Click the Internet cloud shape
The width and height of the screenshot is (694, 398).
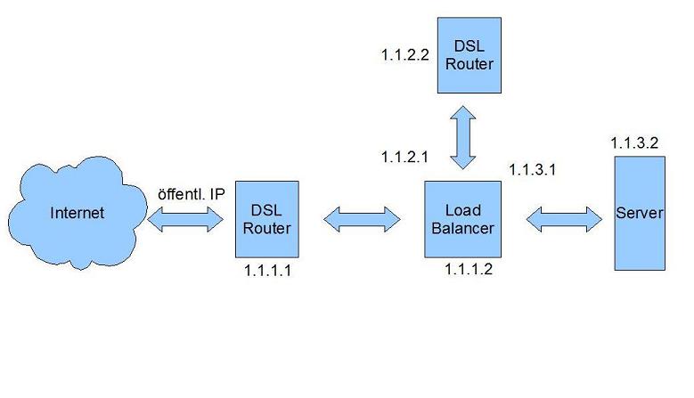pyautogui.click(x=78, y=213)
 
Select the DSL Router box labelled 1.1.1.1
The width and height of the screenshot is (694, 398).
pyautogui.click(x=267, y=219)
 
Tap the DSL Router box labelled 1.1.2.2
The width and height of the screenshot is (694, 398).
pyautogui.click(x=469, y=55)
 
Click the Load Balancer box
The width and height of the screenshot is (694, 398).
pyautogui.click(x=463, y=219)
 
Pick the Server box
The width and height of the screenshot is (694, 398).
pyautogui.click(x=640, y=213)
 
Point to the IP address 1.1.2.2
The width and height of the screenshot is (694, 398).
pyautogui.click(x=405, y=55)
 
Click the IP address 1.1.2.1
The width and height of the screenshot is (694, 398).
pyautogui.click(x=404, y=157)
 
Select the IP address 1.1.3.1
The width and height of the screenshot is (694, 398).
pyautogui.click(x=533, y=170)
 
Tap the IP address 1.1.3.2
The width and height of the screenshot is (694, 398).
pyautogui.click(x=634, y=142)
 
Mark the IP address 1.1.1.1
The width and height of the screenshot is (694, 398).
pyautogui.click(x=268, y=270)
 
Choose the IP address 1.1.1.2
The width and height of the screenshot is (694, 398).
pyautogui.click(x=469, y=269)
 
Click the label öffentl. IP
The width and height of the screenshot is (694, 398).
pyautogui.click(x=192, y=194)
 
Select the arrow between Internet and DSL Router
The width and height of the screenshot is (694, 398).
pyautogui.click(x=185, y=219)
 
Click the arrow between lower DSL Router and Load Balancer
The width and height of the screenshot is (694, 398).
pyautogui.click(x=362, y=219)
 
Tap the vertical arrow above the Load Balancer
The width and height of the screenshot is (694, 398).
pyautogui.click(x=463, y=137)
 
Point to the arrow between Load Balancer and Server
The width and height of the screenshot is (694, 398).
pyautogui.click(x=564, y=219)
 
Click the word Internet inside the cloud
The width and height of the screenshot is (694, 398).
pyautogui.click(x=78, y=213)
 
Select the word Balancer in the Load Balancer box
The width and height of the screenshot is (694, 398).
pyautogui.click(x=463, y=228)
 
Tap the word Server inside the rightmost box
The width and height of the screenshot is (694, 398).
pyautogui.click(x=640, y=213)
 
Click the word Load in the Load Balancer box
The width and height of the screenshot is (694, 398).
pyautogui.click(x=463, y=210)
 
